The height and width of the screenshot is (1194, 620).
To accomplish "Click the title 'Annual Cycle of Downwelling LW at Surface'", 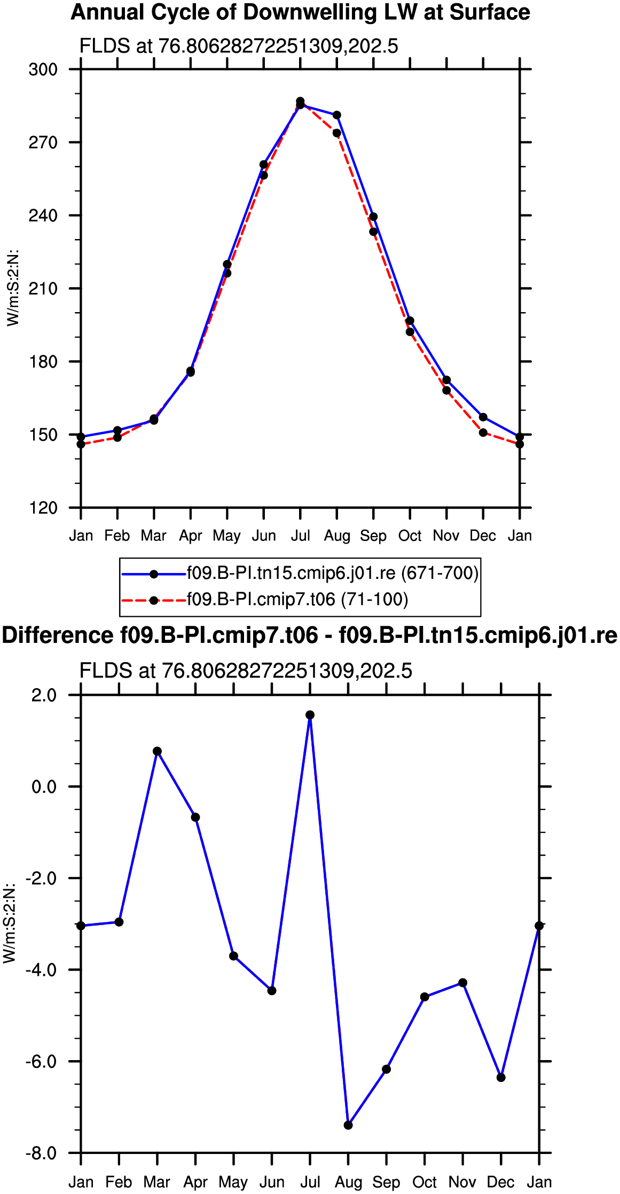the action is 300,12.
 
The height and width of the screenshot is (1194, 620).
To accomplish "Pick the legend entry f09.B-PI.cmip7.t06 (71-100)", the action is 265,600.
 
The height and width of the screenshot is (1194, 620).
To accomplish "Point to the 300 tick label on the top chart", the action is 43,69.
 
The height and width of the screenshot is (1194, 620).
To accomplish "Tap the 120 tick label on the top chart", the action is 43,507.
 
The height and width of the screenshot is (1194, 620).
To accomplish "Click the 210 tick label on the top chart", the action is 43,289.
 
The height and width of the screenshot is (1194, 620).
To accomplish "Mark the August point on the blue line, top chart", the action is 337,115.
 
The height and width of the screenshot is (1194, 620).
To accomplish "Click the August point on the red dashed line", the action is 337,133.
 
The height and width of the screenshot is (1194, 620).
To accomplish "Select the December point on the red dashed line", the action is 483,433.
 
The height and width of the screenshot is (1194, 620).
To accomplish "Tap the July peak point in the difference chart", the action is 310,715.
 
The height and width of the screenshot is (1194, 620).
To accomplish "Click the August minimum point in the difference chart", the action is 348,1125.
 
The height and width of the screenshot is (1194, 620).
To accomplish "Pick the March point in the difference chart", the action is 157,751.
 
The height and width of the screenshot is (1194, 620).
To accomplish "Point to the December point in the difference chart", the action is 501,1078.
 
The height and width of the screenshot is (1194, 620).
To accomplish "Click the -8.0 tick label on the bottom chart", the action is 41,1153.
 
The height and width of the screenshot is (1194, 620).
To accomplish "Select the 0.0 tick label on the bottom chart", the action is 44,787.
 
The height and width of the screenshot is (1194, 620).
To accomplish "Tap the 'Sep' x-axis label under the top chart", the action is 373,536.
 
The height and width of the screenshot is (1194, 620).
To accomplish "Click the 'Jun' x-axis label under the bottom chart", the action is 272,1183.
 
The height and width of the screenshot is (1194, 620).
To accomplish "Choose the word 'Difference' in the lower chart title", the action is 57,636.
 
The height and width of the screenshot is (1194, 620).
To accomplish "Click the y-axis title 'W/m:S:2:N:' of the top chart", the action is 13,288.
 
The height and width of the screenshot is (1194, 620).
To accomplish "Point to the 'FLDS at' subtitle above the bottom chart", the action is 117,671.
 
